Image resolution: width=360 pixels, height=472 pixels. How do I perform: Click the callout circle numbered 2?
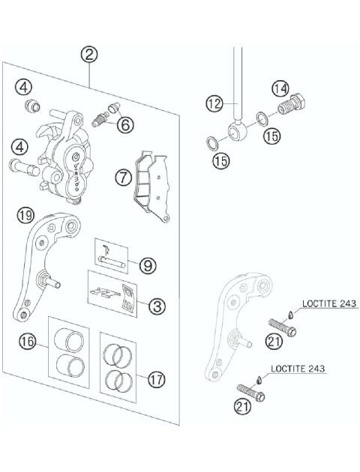click(89, 54)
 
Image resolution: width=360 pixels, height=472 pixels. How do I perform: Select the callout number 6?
click(124, 124)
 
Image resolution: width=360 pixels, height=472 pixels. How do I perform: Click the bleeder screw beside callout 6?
click(100, 117)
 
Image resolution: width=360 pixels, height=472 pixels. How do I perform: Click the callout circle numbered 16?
click(28, 342)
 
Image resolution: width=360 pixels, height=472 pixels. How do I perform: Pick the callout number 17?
click(155, 380)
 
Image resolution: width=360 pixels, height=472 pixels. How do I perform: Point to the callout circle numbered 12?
click(214, 102)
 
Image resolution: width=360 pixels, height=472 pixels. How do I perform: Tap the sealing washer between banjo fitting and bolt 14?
click(262, 118)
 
